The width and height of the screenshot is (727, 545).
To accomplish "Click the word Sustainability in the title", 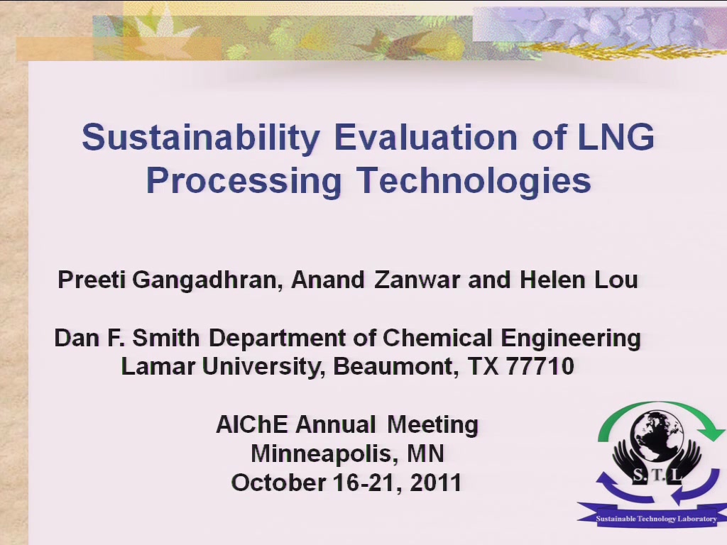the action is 201,138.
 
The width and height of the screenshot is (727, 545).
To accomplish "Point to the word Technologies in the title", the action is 474,181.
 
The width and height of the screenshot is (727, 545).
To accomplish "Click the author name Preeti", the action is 92,280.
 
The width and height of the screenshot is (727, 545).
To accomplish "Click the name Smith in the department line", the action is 166,338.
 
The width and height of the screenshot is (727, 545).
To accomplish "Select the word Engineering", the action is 571,338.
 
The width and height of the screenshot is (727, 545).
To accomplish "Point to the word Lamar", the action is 158,366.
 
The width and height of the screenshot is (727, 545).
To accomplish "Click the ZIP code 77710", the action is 540,366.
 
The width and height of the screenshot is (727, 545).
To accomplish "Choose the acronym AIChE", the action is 252,424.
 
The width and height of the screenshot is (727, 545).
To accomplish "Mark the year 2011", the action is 436,483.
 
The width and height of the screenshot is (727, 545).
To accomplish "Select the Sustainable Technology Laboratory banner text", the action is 656,519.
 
